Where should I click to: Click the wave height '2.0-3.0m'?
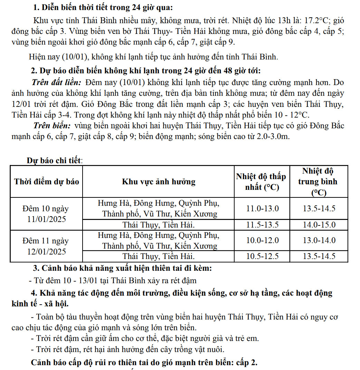pos(273,137)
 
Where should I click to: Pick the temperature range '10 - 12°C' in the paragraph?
pos(291,115)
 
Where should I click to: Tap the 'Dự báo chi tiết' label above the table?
pos(55,160)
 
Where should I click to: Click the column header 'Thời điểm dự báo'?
pos(46,182)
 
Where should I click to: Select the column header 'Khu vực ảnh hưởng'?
pos(159,182)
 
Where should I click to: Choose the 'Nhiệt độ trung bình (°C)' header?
pos(318,182)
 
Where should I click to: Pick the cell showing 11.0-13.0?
pos(262,209)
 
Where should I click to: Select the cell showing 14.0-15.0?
pos(319,225)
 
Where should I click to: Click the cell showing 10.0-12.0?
pos(262,240)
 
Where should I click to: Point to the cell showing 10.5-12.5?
pos(262,256)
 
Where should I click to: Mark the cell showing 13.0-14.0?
pos(319,240)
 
